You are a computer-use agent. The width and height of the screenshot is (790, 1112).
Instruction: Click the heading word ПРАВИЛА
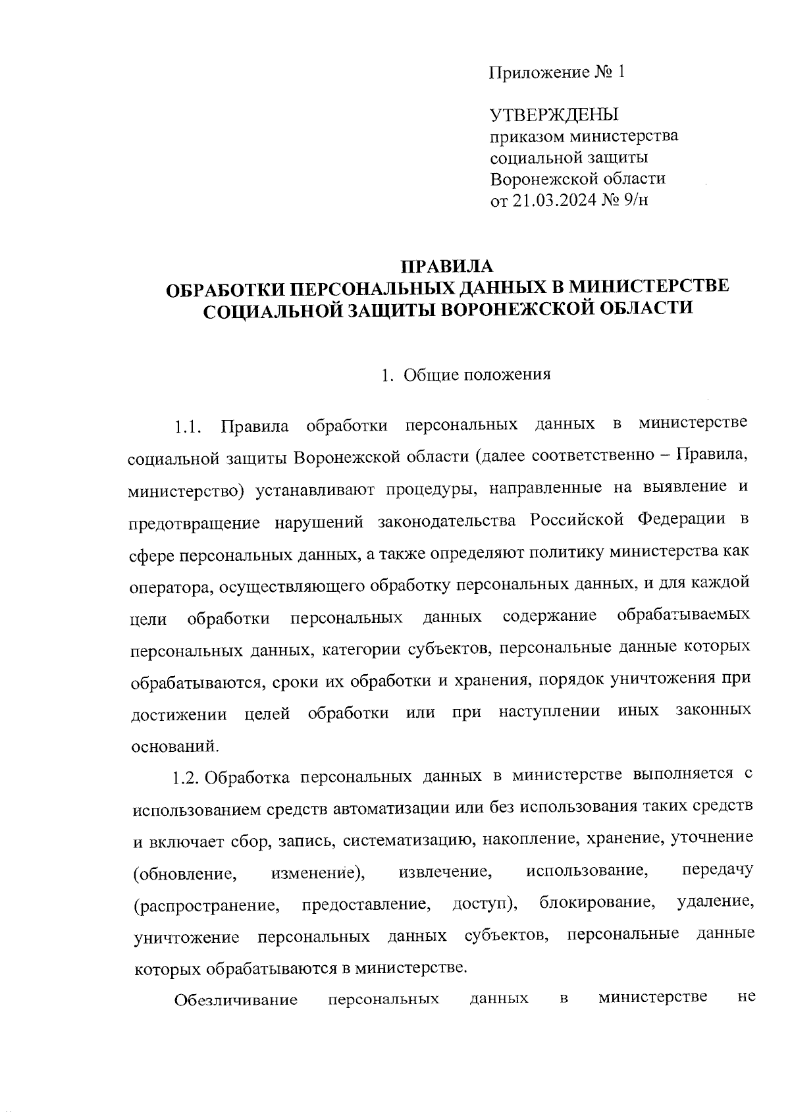[x=447, y=266]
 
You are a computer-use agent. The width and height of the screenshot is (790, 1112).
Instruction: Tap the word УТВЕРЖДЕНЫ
[x=554, y=115]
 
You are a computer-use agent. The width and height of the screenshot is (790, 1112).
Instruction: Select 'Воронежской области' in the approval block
[x=578, y=178]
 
